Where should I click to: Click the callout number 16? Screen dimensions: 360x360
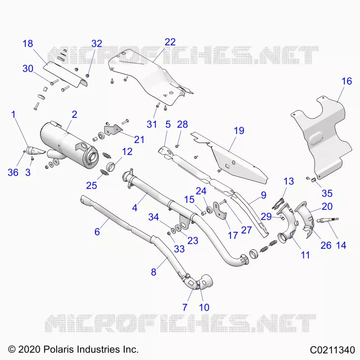pos(346,81)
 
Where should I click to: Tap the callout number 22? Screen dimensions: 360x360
pos(170,42)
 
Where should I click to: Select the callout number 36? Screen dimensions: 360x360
pos(13,172)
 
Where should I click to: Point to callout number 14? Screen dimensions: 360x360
pos(341,245)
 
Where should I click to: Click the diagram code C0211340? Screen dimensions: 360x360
pos(333,350)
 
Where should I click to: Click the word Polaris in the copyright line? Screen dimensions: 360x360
pos(58,350)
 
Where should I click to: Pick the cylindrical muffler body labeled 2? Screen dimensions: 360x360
pos(69,144)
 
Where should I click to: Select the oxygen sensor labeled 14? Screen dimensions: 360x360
pos(327,220)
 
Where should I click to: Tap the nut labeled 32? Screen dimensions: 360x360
pos(87,76)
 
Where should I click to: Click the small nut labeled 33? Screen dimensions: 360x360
pos(168,234)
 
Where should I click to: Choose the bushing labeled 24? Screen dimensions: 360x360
pos(209,210)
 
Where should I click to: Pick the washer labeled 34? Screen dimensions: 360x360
pos(172,230)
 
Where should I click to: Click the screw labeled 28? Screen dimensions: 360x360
pos(177,146)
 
